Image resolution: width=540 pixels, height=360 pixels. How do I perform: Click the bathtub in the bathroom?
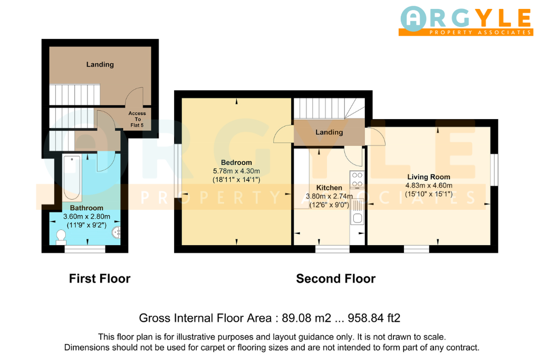[72, 178]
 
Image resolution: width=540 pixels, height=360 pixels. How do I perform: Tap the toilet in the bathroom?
[61, 237]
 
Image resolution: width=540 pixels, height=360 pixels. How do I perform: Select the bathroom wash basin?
[116, 232]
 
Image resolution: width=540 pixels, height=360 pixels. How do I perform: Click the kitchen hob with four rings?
[357, 179]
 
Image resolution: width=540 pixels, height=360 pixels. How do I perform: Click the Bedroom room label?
[236, 162]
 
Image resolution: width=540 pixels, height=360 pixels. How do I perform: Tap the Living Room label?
[429, 177]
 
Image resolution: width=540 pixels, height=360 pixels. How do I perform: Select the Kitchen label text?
[329, 188]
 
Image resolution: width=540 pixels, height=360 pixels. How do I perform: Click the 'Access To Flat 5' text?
[137, 119]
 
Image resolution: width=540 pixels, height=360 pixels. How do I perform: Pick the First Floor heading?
[100, 278]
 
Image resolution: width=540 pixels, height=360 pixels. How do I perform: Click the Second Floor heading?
[336, 278]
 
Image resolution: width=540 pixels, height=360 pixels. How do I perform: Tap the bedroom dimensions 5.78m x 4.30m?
[237, 171]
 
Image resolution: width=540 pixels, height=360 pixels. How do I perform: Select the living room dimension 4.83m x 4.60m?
[429, 186]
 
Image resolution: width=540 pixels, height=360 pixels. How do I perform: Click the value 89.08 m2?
[306, 318]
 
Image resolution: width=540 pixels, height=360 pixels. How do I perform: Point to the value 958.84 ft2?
[374, 318]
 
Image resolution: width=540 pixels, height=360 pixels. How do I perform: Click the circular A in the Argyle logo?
[413, 19]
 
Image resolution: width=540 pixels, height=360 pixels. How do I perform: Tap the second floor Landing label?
[329, 132]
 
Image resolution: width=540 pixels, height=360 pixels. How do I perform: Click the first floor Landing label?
[100, 64]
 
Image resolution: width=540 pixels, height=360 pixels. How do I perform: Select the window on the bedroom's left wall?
[178, 171]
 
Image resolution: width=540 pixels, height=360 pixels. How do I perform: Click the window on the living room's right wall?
[494, 170]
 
